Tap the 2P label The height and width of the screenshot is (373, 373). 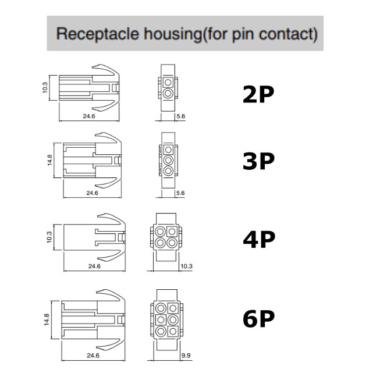click(258, 95)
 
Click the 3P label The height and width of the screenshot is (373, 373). click(258, 162)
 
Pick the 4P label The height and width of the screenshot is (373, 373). click(258, 239)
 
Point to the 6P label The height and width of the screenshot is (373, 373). click(258, 319)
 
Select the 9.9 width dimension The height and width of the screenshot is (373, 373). click(186, 354)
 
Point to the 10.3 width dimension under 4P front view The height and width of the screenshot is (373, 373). click(186, 266)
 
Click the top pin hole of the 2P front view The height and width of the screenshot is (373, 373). click(168, 81)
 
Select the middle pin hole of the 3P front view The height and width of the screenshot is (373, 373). click(168, 159)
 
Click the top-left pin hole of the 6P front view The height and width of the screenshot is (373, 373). click(161, 308)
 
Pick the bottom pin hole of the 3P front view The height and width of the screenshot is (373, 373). click(168, 170)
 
